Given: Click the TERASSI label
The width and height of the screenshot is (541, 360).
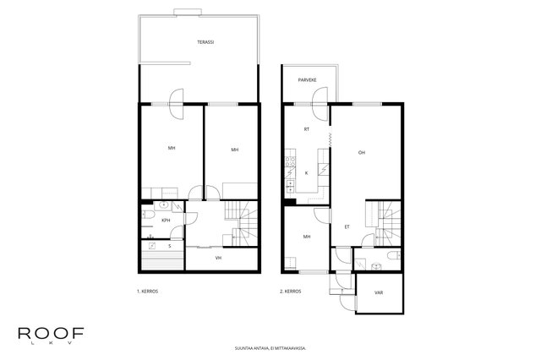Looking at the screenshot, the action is (205, 42).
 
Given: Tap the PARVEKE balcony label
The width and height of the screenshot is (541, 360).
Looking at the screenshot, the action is (307, 80).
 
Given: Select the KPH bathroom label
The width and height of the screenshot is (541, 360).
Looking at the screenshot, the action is (166, 221).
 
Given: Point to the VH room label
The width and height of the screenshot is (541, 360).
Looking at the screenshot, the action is (218, 258).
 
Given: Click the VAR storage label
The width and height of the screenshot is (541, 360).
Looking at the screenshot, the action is (379, 292).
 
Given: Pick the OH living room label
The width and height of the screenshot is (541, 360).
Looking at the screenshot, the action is (361, 152).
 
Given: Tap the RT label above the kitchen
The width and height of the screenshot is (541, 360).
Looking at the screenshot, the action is (306, 129).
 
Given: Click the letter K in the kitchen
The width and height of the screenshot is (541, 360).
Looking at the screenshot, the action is (306, 173).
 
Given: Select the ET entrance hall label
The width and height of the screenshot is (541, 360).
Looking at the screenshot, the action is (347, 226).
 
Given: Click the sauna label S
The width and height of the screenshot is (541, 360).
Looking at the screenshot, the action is (170, 246).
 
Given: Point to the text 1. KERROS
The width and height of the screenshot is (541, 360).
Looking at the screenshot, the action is (147, 292).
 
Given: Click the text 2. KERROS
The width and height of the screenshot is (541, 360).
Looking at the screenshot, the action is (291, 292).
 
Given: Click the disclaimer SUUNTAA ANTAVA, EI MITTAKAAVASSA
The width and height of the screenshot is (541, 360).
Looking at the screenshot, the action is (270, 348).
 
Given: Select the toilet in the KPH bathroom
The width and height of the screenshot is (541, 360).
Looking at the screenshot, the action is (148, 215).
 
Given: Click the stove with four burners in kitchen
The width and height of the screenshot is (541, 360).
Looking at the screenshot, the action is (290, 161).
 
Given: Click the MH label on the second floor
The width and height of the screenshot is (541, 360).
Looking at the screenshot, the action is (306, 237).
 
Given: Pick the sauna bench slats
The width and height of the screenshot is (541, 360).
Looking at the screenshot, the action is (162, 260).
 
